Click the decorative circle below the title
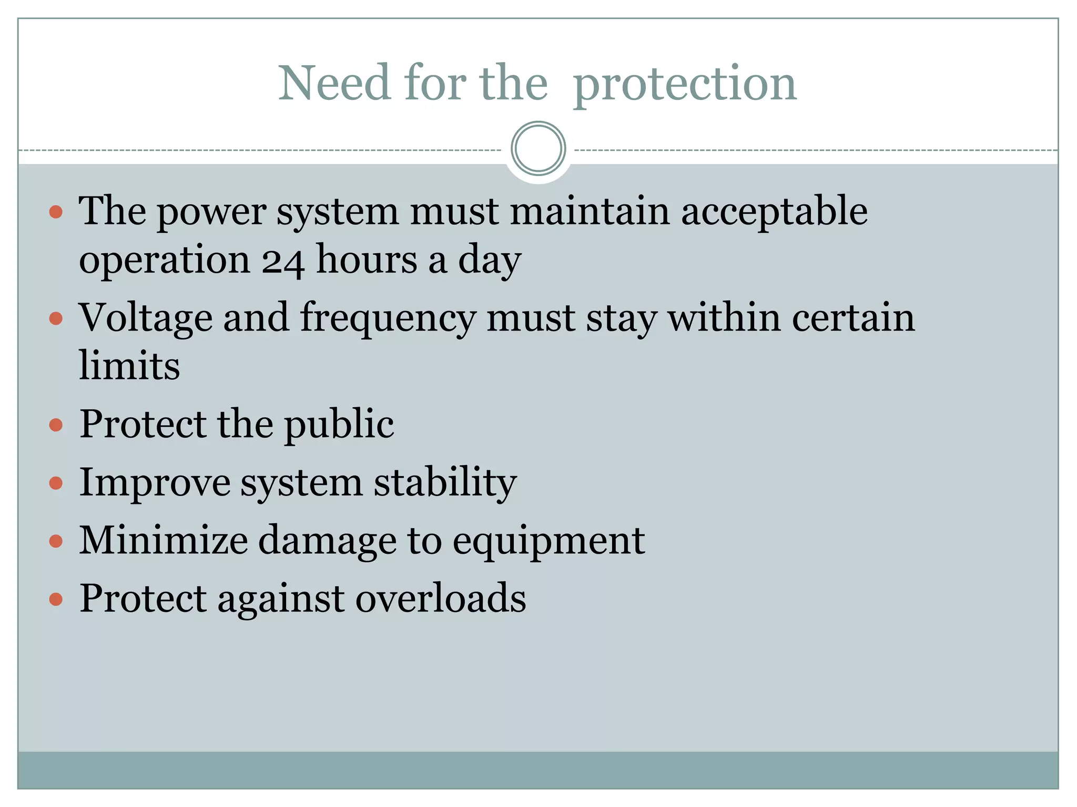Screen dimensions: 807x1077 538,149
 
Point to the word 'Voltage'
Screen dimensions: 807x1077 145,318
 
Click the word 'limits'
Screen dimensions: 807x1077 129,366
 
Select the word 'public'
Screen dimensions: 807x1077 339,425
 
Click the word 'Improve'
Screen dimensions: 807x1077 155,482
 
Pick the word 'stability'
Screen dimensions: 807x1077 445,482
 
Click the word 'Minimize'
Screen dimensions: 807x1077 163,541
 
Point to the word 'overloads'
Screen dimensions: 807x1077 441,598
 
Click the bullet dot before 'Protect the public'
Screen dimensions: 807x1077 56,425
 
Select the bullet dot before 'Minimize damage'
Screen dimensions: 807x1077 56,541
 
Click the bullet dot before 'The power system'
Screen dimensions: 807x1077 56,212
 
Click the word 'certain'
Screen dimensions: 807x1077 853,318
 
